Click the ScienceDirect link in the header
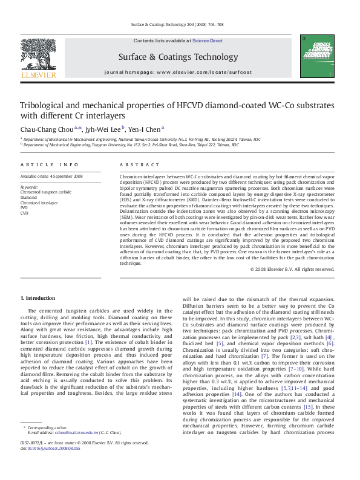[x=208, y=41]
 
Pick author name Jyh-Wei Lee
[x=103, y=128]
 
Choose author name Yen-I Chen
[x=145, y=128]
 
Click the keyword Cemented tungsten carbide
[x=45, y=192]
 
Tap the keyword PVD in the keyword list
[x=25, y=208]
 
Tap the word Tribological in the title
[x=45, y=105]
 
